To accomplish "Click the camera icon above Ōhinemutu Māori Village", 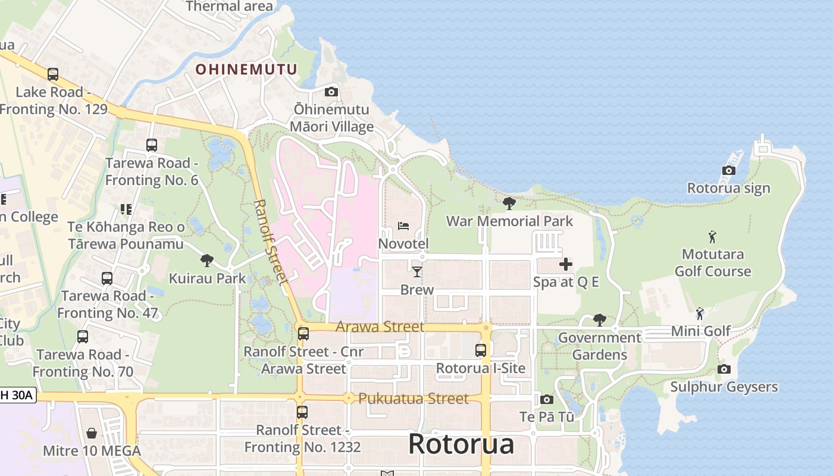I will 331,92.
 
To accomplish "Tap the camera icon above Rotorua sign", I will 728,171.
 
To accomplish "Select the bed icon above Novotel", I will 403,226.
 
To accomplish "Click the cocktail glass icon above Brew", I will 416,272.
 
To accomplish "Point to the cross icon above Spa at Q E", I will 565,264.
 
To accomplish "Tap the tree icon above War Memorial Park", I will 509,203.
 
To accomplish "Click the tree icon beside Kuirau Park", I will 206,260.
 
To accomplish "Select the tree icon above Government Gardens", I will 600,320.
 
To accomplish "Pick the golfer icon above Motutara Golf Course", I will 712,237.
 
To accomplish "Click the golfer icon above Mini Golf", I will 700,313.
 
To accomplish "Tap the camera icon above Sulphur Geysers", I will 724,369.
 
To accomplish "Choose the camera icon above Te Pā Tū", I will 546,399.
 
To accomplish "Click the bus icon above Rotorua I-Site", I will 480,350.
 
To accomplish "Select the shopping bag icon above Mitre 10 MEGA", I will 92,433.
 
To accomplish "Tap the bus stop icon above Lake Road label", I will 53,74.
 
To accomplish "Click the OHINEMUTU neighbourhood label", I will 246,70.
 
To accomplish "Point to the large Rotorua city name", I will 461,444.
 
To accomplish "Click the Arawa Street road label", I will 380,327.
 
